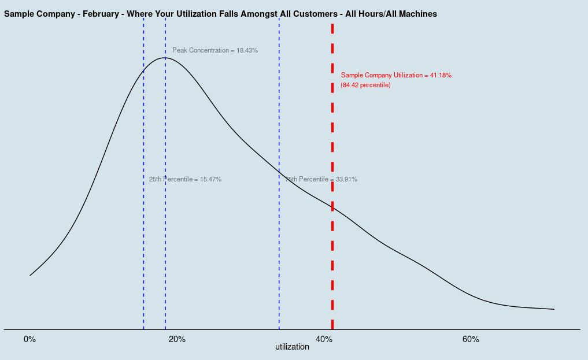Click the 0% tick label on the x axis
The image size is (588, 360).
(x=30, y=339)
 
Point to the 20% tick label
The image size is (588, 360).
(x=177, y=339)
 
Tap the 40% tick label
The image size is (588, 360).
(x=324, y=339)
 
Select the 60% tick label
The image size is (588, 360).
(x=471, y=339)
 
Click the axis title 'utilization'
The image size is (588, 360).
(x=292, y=347)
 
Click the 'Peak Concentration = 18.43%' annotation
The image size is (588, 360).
(x=215, y=51)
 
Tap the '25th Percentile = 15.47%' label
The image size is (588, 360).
(x=185, y=180)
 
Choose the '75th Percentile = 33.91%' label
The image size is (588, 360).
(x=321, y=180)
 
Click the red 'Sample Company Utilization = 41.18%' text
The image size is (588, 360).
(x=396, y=76)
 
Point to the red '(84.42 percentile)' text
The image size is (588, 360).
(x=365, y=86)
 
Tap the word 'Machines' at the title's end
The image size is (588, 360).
(x=417, y=13)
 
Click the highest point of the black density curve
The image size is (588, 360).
(x=165, y=57)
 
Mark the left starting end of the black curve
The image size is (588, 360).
(x=30, y=275)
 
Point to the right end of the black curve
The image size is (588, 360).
(x=554, y=309)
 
